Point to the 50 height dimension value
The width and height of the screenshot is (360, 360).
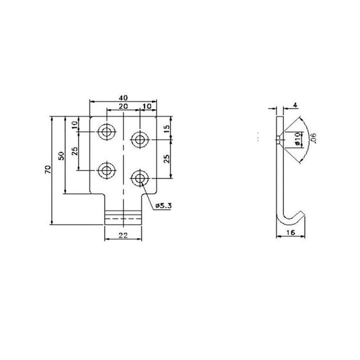click(62, 155)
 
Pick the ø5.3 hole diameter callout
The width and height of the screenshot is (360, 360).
click(163, 205)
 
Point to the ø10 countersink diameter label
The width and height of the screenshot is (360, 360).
click(297, 139)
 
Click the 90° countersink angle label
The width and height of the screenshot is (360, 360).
click(313, 139)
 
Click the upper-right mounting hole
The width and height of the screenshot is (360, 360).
click(139, 140)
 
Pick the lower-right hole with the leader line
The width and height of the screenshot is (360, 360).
click(139, 178)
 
